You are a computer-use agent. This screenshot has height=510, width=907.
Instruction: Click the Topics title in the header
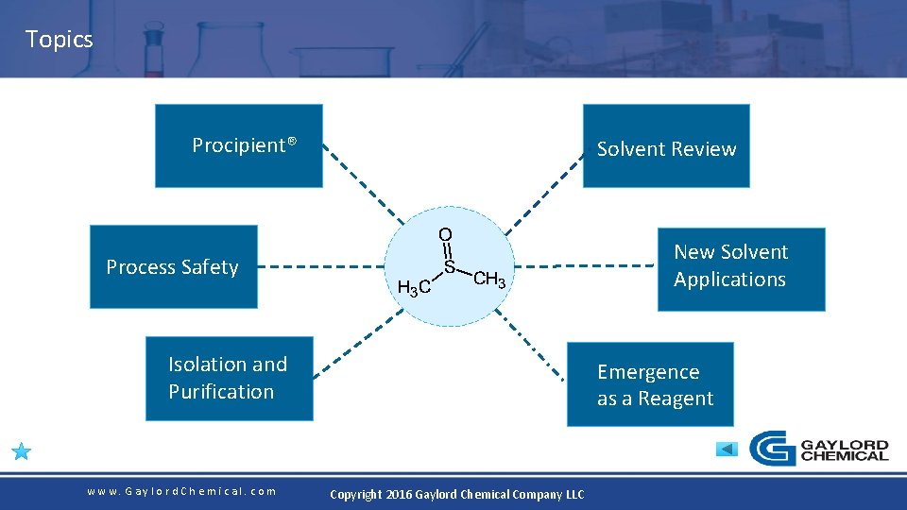(59, 40)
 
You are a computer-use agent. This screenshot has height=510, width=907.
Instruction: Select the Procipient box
(238, 145)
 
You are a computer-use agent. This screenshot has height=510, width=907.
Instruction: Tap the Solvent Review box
(666, 146)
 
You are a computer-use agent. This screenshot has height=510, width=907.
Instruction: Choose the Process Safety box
(173, 267)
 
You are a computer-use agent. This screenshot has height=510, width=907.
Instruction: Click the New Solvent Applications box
(741, 268)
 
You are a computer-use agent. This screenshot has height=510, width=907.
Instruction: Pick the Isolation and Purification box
(229, 379)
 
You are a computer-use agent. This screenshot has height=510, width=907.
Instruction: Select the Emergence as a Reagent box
(650, 384)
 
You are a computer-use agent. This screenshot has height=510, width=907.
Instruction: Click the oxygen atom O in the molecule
(445, 234)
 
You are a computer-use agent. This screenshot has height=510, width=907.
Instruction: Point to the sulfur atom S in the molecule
(450, 267)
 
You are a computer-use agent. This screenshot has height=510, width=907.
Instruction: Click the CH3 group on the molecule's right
(490, 279)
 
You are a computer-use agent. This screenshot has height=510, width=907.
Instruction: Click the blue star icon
(22, 451)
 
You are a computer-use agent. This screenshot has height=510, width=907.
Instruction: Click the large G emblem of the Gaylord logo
(772, 449)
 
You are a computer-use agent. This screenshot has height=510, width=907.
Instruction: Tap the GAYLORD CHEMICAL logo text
(844, 450)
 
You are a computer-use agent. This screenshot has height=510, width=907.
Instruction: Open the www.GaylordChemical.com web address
(181, 491)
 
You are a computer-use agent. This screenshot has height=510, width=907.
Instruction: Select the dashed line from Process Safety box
(321, 266)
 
